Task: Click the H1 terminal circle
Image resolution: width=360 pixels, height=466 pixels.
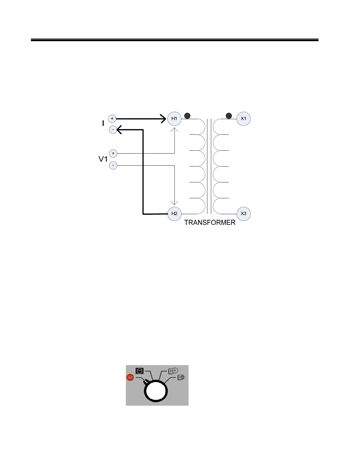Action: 174,119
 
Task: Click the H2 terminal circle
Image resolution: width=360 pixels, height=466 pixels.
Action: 174,214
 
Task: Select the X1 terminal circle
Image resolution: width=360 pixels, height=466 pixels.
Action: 244,119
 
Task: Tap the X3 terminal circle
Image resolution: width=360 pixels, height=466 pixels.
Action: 244,214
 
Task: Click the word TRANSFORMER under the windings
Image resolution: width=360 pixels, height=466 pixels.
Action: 210,223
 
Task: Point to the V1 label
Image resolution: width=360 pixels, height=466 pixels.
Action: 103,159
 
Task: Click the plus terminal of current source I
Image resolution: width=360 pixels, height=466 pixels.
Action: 112,119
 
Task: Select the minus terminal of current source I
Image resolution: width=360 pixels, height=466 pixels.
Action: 113,129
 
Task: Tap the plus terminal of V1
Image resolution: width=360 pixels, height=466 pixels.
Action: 113,153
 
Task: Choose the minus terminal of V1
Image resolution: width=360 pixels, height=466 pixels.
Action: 113,165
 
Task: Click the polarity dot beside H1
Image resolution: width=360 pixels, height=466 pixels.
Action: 187,116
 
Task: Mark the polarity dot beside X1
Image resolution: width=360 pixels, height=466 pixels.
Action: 229,116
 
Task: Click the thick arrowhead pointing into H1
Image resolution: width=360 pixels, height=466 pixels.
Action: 163,119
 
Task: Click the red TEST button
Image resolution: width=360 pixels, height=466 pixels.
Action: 130,377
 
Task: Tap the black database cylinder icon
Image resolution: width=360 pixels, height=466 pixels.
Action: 139,371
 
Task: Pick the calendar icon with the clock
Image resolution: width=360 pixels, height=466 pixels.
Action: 173,371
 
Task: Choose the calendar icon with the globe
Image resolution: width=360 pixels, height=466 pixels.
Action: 181,377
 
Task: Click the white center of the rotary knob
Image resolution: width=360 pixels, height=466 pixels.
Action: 156,392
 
